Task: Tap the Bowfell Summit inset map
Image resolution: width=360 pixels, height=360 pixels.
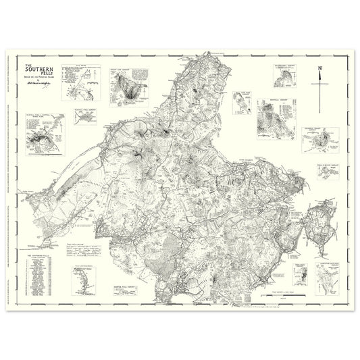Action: [x=274, y=115]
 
